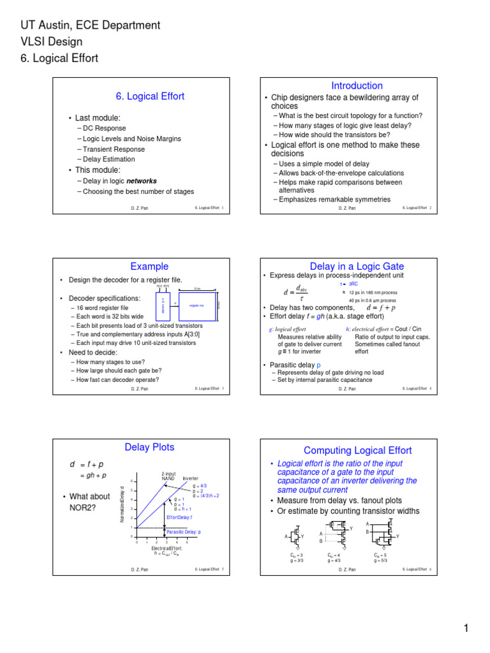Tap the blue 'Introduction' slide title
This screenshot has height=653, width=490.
coord(357,85)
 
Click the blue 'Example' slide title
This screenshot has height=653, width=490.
coord(149,267)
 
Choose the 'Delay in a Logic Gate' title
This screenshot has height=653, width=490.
coord(357,267)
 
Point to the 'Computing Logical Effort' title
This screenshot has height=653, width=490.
coord(357,451)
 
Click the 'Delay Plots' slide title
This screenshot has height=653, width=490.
coord(149,447)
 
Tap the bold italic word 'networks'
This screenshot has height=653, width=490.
coord(142,181)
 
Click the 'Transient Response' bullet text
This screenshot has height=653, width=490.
coord(113,149)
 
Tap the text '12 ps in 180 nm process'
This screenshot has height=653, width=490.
coord(373,292)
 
